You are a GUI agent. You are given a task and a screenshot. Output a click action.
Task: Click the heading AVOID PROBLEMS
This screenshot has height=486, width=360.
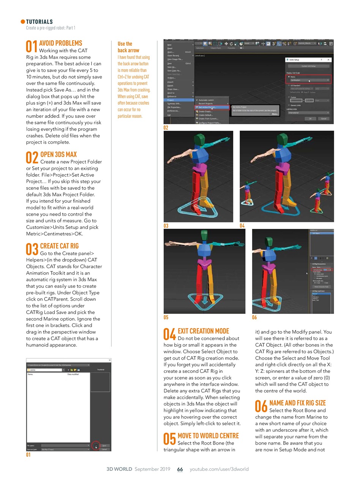(x=60, y=43)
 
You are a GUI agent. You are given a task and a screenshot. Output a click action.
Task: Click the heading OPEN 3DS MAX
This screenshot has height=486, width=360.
(x=58, y=155)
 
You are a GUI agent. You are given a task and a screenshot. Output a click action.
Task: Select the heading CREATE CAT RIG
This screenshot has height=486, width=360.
(x=59, y=246)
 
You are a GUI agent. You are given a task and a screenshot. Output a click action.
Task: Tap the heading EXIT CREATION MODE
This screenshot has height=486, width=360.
(x=203, y=331)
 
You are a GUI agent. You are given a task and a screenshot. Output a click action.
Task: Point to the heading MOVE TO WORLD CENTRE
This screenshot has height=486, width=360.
(x=208, y=436)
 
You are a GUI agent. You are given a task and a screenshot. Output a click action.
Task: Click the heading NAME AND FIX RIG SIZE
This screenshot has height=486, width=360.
(x=297, y=403)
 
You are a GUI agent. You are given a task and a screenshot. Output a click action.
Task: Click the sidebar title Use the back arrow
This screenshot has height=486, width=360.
(x=128, y=47)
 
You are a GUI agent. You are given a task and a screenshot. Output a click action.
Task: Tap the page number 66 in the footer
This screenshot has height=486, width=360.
(x=180, y=469)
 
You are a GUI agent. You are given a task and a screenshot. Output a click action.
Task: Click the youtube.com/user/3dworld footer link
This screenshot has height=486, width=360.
(x=219, y=469)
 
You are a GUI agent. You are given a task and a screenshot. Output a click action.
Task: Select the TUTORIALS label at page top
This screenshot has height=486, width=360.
(x=39, y=22)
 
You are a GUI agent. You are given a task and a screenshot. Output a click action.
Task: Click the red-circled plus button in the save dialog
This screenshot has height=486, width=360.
(x=95, y=446)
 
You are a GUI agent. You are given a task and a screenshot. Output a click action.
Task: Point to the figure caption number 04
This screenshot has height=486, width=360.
(x=242, y=226)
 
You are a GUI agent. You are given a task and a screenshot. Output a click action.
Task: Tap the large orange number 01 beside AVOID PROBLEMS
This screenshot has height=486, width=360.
(x=32, y=47)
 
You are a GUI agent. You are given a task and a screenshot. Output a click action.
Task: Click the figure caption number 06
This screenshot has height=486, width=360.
(x=254, y=317)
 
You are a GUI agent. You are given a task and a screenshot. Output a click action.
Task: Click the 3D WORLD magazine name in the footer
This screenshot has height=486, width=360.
(x=120, y=469)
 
